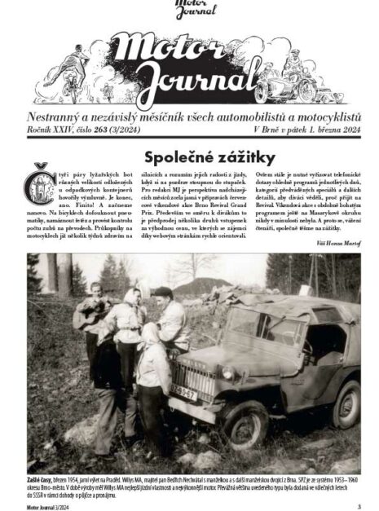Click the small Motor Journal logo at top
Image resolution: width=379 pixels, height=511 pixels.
pyautogui.click(x=195, y=11)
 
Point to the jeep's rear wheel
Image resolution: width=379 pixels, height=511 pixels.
pyautogui.click(x=346, y=404)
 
